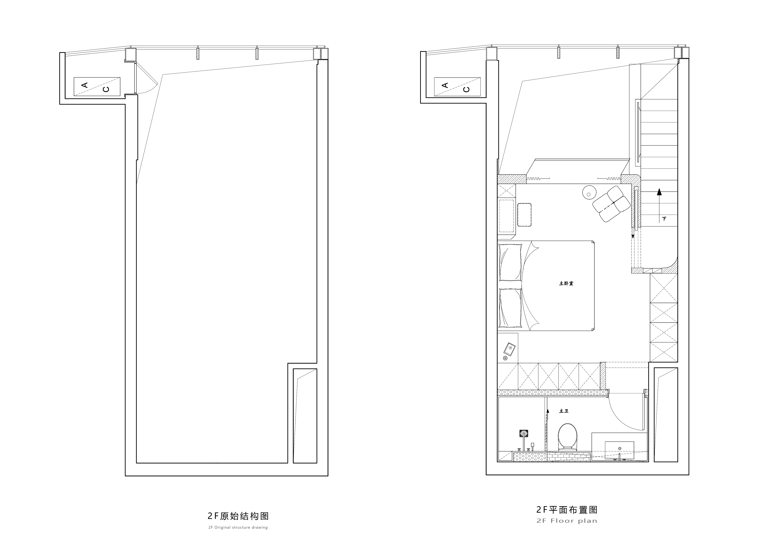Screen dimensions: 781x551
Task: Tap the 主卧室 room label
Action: [x=566, y=283]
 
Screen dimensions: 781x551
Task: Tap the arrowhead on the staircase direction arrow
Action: [x=659, y=192]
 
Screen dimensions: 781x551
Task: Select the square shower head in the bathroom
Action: [x=524, y=434]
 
